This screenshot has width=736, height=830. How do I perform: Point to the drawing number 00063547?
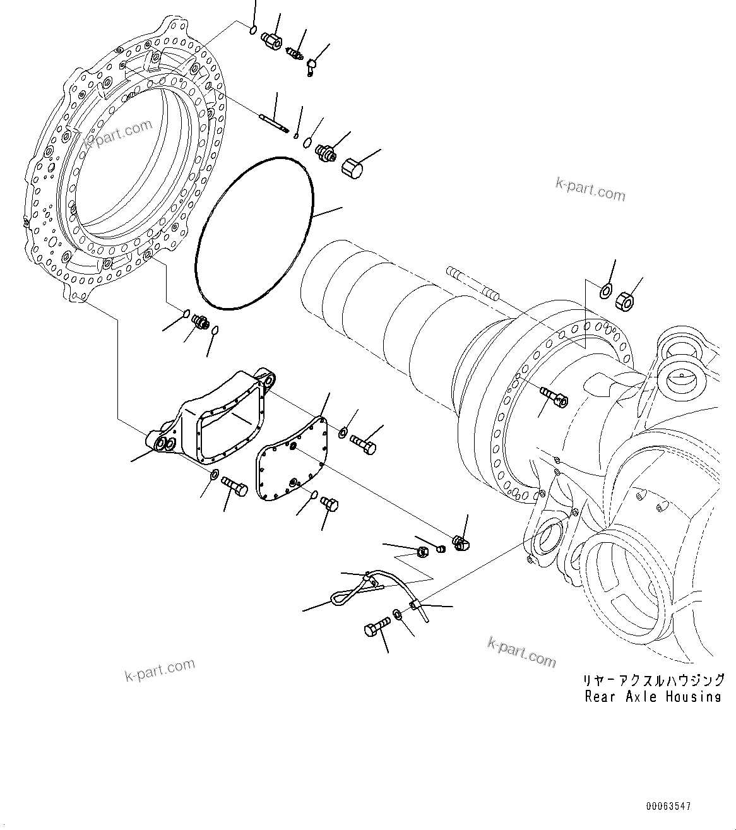point(668,807)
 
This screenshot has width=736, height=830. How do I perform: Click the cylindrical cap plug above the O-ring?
point(352,168)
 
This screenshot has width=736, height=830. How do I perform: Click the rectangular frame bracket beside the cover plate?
point(215,420)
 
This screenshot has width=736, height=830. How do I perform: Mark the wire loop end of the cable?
point(338,596)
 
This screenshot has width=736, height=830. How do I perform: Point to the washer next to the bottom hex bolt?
point(397,614)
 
